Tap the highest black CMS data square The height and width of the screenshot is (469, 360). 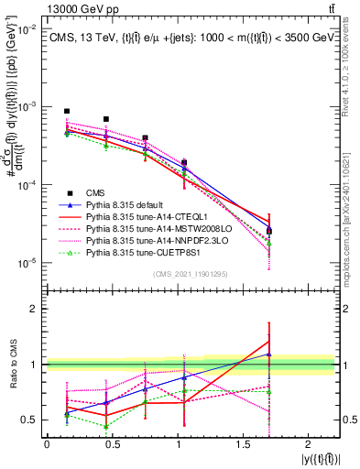(x=67, y=111)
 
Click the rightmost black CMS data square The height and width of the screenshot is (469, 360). (x=268, y=231)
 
